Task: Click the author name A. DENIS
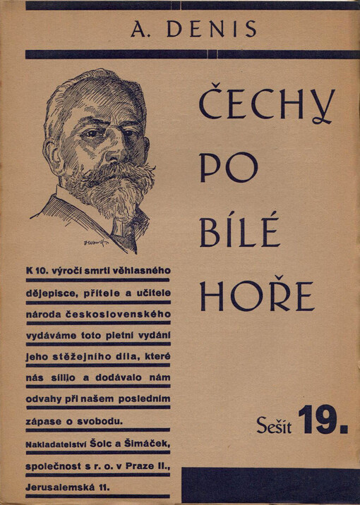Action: tap(193, 30)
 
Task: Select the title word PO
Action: tap(228, 167)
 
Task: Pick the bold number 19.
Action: tap(323, 421)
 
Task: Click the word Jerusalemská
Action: tap(56, 486)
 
